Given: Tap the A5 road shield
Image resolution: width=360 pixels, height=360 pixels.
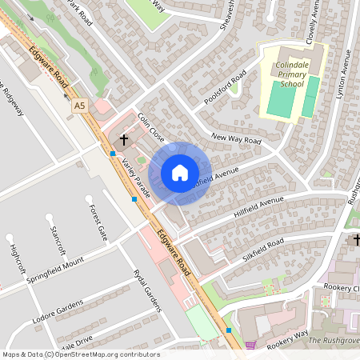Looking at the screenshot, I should tap(78, 105).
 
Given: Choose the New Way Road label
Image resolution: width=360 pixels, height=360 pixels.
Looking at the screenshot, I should tap(238, 141).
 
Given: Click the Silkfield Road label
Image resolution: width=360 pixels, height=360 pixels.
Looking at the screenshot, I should tap(264, 246).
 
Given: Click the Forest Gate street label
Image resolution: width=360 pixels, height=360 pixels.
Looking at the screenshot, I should tap(98, 222).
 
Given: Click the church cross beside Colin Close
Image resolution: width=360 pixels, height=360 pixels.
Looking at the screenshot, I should tap(123, 141).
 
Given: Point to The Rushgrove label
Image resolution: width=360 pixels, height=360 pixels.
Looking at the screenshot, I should tap(334, 340).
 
